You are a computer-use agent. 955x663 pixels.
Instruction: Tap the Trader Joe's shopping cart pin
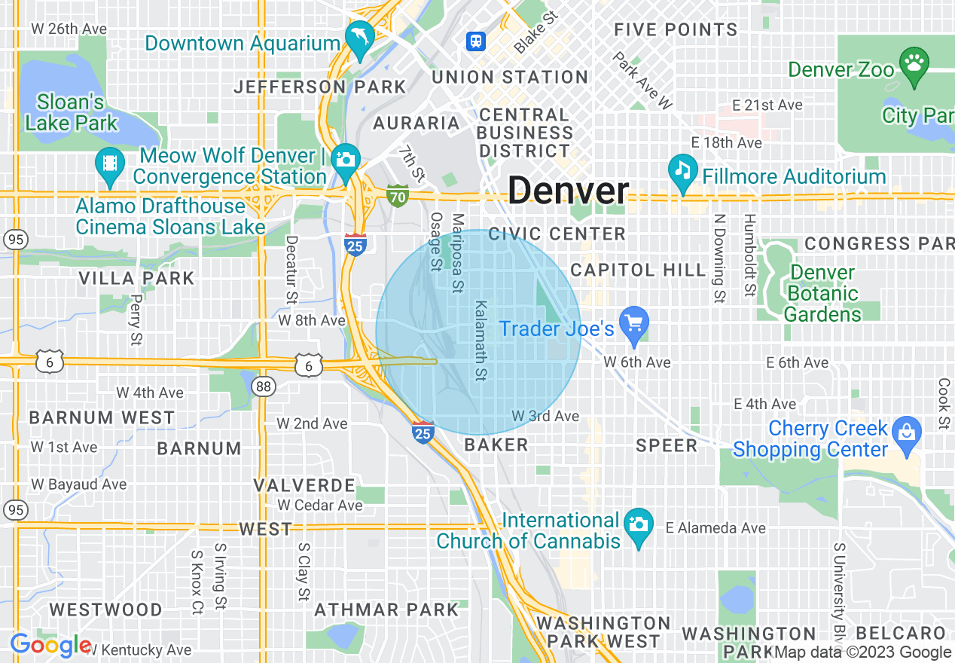click(635, 324)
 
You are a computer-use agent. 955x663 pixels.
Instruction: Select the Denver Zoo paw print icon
click(914, 63)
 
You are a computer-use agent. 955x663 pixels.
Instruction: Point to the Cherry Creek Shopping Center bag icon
click(906, 433)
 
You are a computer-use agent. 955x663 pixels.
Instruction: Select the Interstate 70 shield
click(398, 197)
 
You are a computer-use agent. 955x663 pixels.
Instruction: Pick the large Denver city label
click(568, 191)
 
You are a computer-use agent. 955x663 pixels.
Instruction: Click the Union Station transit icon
click(476, 41)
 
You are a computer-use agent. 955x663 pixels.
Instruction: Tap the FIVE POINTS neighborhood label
click(676, 30)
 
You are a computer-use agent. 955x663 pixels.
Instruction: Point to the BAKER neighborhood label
click(496, 445)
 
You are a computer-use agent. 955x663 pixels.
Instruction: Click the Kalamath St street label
click(480, 341)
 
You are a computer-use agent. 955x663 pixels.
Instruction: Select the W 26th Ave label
click(69, 29)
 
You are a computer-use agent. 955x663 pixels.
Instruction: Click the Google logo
click(50, 645)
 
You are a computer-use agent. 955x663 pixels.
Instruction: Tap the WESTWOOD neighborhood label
click(105, 609)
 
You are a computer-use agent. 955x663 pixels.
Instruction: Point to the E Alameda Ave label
click(715, 527)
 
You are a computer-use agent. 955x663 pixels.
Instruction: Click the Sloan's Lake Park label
click(72, 112)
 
